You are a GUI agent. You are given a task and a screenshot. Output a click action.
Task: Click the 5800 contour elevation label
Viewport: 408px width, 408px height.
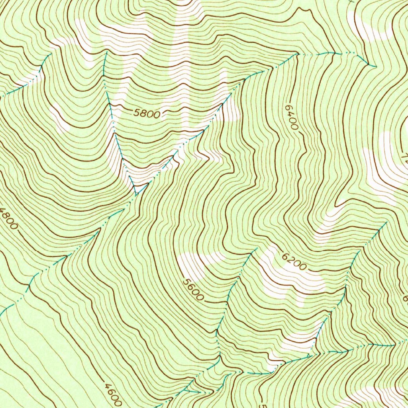(x=147, y=114)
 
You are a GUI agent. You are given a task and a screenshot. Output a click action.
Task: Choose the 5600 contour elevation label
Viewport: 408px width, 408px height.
(x=193, y=290)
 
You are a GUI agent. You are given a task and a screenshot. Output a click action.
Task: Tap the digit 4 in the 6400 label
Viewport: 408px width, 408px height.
(x=291, y=114)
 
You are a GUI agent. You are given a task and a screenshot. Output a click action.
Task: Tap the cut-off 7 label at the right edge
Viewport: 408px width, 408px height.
(x=406, y=159)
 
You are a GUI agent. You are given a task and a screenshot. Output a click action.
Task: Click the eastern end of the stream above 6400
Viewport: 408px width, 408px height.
(x=375, y=66)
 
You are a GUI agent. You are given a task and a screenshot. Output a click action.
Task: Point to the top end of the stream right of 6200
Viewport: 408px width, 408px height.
(x=386, y=223)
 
